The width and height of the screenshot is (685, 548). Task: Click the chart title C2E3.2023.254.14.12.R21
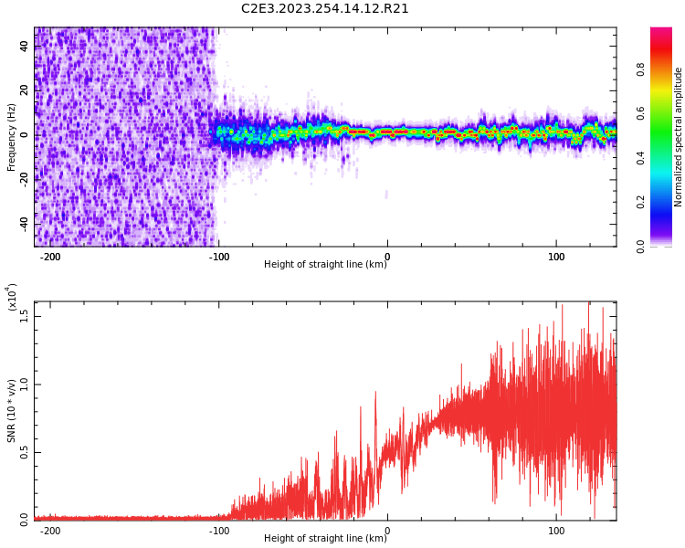click(325, 9)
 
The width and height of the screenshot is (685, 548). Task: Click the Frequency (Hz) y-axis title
click(12, 137)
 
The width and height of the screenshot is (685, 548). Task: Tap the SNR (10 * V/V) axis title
click(12, 413)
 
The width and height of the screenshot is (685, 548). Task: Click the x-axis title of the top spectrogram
click(325, 265)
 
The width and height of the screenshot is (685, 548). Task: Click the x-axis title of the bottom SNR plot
click(325, 539)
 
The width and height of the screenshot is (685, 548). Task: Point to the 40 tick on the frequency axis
click(24, 46)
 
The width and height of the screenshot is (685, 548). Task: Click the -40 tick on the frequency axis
click(22, 224)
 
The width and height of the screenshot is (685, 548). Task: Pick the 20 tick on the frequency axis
click(24, 90)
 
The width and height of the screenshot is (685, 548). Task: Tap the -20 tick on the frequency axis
click(22, 179)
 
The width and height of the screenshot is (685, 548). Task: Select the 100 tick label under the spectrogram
click(556, 257)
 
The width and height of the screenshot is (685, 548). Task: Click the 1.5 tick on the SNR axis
click(24, 315)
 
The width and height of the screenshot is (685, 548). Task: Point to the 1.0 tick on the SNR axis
click(24, 384)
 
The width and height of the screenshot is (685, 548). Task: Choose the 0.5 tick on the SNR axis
click(24, 451)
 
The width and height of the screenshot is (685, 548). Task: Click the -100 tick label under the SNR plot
click(218, 531)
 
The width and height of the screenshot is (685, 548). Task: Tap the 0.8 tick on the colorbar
click(641, 68)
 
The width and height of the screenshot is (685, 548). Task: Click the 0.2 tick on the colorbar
click(641, 202)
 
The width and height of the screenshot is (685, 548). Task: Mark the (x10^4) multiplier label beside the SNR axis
click(12, 297)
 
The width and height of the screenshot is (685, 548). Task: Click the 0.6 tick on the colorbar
click(641, 112)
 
